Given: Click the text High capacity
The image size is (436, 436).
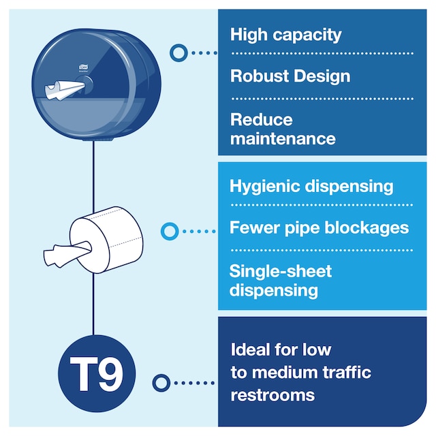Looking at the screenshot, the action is (x=285, y=35).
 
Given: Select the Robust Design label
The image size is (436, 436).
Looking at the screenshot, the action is (x=290, y=76).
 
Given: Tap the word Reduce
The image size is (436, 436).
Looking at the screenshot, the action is (x=261, y=120).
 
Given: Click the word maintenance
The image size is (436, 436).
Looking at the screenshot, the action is (x=283, y=139).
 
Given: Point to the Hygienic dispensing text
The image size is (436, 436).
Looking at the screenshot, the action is (x=311, y=186).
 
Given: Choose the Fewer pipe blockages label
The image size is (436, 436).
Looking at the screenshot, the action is (x=319, y=228).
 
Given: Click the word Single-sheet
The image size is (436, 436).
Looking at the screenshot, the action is (x=280, y=271).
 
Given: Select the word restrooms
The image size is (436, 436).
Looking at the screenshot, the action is (x=272, y=395).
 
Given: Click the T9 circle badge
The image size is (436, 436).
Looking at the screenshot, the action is (x=97, y=373).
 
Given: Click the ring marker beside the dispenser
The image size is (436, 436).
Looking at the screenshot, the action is (x=178, y=53).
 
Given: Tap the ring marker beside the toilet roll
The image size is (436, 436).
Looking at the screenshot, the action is (x=170, y=232).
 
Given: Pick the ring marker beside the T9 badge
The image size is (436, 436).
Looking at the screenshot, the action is (x=161, y=383).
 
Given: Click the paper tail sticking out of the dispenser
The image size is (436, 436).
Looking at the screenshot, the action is (x=63, y=89).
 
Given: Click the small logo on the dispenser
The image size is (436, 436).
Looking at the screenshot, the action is (x=83, y=67).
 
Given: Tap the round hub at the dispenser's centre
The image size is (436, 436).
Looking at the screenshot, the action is (x=84, y=83).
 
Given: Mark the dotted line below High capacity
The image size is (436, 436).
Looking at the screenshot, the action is (x=322, y=53).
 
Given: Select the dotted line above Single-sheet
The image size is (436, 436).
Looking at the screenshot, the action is (x=322, y=250).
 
